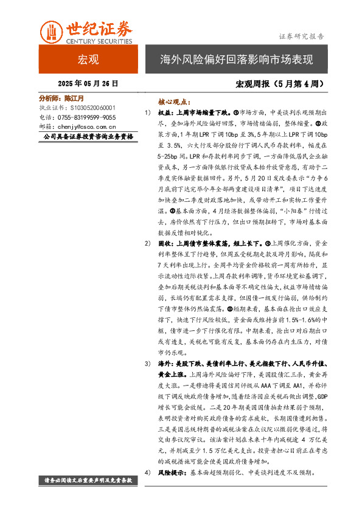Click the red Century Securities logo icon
coord(51,32)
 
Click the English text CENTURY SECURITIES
coord(98,41)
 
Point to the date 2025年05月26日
coord(88,83)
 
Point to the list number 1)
coord(147,113)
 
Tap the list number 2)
coord(147,226)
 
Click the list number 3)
coord(147,363)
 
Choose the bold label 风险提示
coord(170,472)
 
